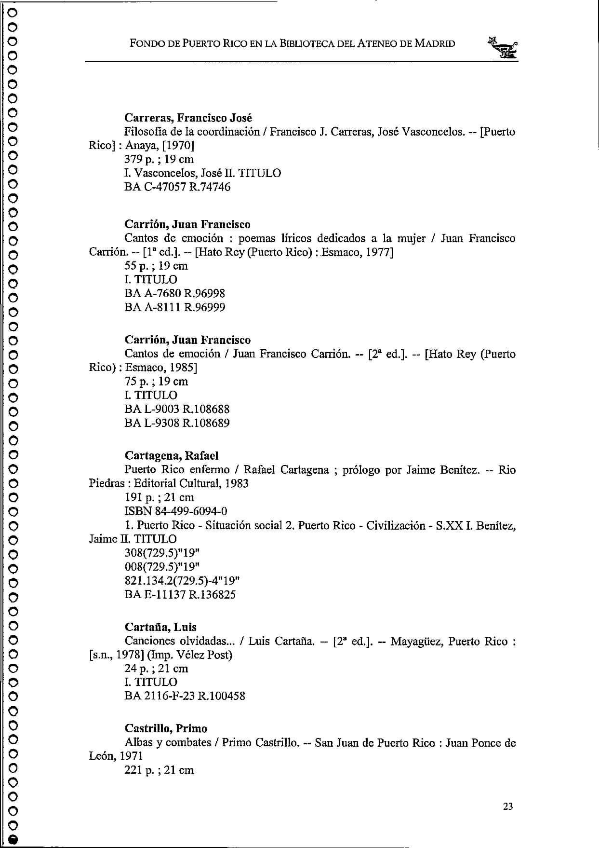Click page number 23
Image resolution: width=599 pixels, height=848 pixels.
(508, 806)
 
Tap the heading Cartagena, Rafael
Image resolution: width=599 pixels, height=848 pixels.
(172, 455)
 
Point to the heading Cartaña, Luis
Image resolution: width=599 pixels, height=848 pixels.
(160, 627)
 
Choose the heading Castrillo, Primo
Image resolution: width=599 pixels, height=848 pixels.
(166, 728)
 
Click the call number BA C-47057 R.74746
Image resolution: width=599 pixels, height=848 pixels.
(177, 187)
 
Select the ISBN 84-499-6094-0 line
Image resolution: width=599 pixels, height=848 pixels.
(176, 511)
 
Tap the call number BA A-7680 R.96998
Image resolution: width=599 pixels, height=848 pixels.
(175, 293)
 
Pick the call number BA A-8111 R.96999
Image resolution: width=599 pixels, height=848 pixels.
(175, 307)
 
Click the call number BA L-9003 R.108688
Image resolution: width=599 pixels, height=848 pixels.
(177, 409)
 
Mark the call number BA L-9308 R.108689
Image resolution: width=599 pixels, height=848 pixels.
(177, 423)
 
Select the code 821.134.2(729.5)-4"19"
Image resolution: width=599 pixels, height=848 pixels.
(182, 580)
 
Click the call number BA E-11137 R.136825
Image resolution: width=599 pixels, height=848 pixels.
(180, 594)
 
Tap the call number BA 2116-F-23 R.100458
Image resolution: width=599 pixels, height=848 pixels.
(185, 696)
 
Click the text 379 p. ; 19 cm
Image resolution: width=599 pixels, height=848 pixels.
(159, 159)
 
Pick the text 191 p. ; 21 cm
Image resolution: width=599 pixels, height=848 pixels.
(159, 497)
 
